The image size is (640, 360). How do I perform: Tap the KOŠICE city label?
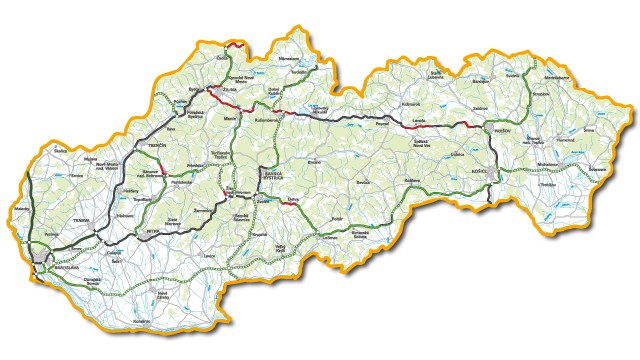coord(477,173)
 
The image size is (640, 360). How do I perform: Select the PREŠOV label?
coord(501,131)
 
